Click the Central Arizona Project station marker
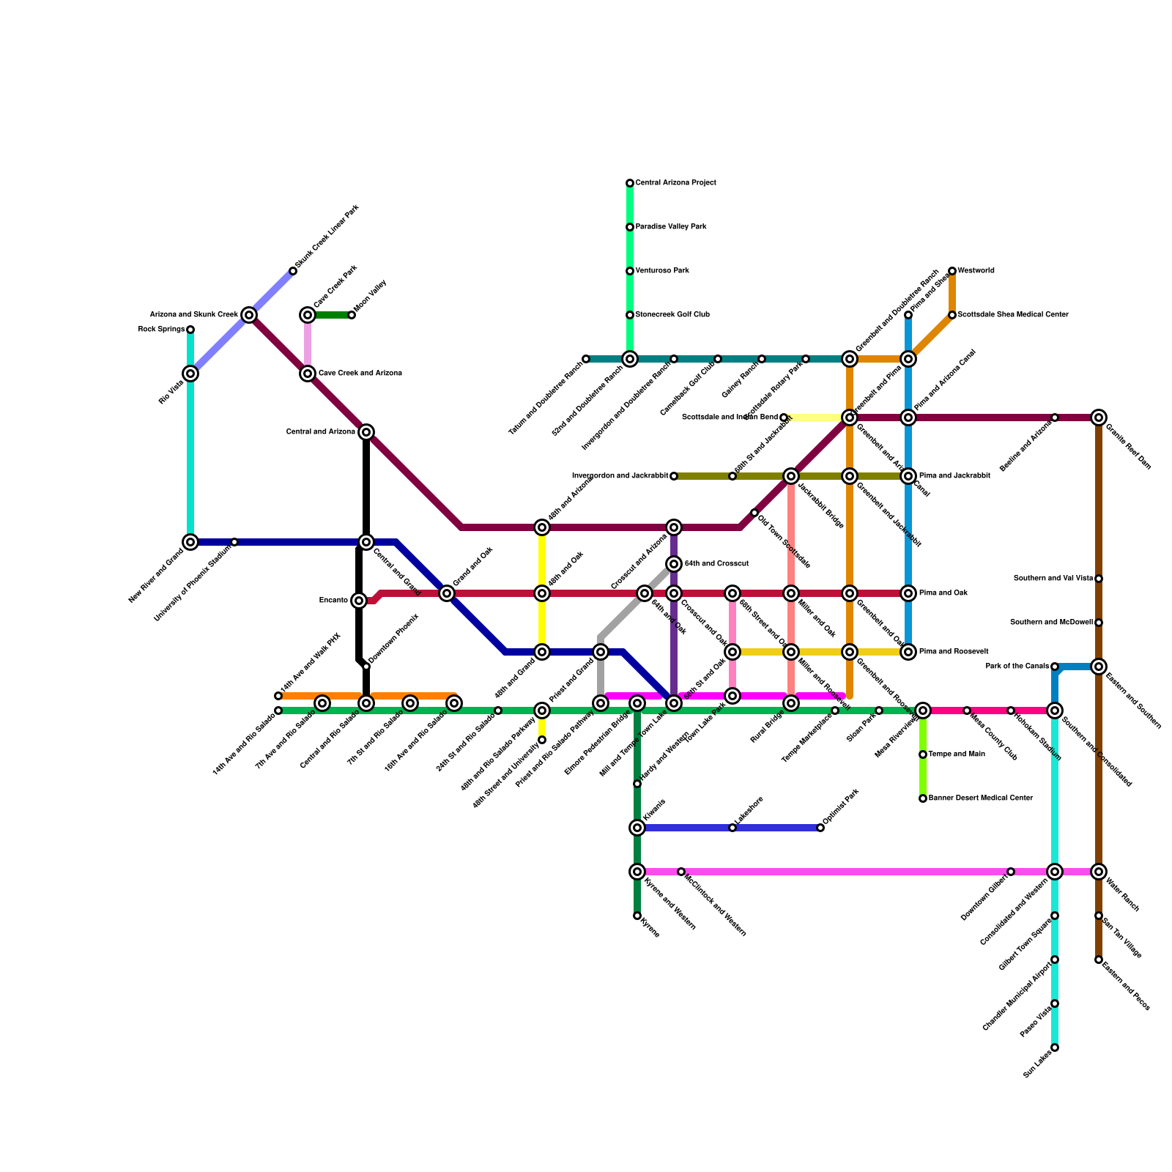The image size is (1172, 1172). tap(630, 183)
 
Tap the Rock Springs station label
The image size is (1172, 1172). tap(162, 330)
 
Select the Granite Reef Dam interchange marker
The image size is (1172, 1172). tap(1099, 418)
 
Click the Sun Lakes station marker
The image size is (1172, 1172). tap(1055, 1047)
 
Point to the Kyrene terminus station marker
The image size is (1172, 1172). tap(637, 916)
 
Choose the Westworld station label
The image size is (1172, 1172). tap(976, 271)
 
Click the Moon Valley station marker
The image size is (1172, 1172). tap(352, 315)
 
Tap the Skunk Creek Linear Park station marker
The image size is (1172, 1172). tap(293, 271)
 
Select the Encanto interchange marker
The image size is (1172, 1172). tap(359, 601)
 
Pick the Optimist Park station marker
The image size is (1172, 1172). tap(820, 828)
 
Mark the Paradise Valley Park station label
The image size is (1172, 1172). tap(670, 227)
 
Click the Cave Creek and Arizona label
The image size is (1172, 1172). tap(360, 374)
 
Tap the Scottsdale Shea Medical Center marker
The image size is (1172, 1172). tap(952, 315)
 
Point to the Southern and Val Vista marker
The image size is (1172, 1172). tap(1099, 579)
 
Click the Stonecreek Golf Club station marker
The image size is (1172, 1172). tap(630, 315)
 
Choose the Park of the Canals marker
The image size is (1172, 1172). tap(1055, 667)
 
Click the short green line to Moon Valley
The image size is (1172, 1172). tap(330, 315)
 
